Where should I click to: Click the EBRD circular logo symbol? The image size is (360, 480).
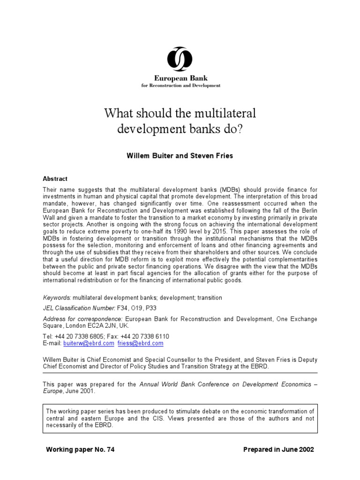[x=180, y=60]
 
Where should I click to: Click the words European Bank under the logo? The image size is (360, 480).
[x=180, y=78]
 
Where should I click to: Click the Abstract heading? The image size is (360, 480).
[x=55, y=179]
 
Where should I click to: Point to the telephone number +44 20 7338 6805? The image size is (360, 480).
[x=81, y=337]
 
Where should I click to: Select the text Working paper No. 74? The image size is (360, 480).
[x=80, y=450]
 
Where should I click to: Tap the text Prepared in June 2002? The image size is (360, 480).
[x=278, y=450]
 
